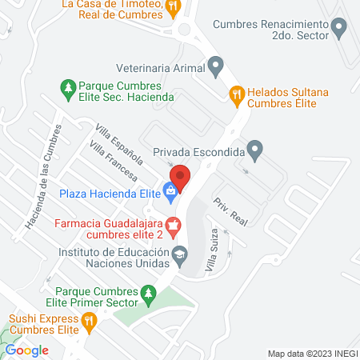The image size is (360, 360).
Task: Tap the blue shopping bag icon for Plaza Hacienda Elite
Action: [170, 190]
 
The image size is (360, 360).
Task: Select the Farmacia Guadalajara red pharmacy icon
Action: [174, 227]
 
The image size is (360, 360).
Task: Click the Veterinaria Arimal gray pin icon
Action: [214, 65]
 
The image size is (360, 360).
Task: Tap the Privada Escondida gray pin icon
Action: [254, 149]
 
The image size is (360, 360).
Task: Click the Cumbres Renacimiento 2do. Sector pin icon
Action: [339, 29]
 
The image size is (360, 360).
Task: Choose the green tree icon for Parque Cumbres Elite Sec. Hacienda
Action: [68, 87]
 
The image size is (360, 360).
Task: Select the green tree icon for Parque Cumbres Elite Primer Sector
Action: [148, 294]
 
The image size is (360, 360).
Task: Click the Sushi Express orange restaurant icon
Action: [90, 321]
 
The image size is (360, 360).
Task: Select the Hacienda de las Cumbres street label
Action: [42, 178]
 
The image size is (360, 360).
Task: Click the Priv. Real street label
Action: [228, 210]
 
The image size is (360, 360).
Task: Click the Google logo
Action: [26, 350]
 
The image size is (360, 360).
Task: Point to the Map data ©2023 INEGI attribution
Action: [310, 353]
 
